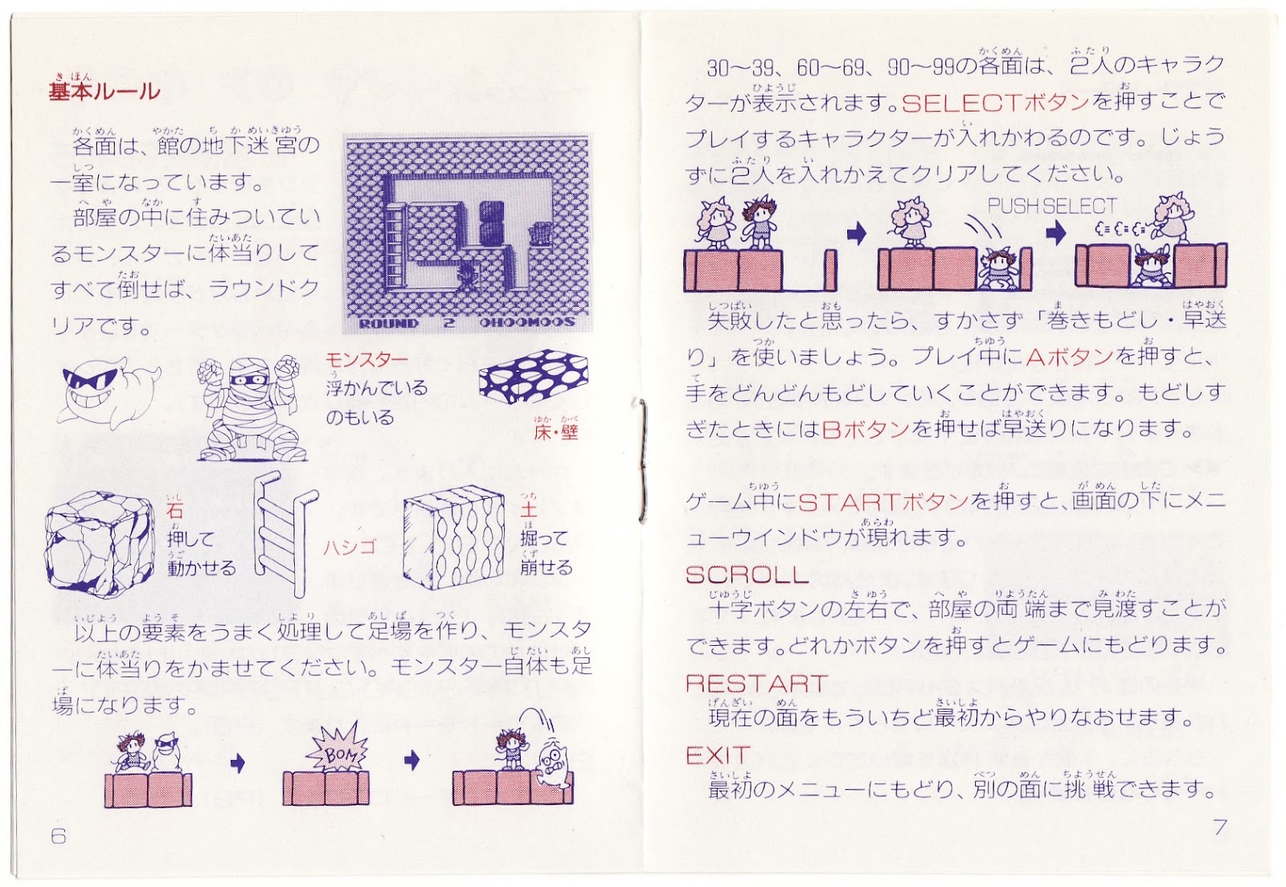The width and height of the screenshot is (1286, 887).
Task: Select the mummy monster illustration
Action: [x=252, y=408]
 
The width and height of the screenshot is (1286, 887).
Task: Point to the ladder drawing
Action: [x=285, y=533]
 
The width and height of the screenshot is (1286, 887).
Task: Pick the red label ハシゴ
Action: [x=350, y=547]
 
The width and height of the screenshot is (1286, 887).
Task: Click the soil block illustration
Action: [x=453, y=538]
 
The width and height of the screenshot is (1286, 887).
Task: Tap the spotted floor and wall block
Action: [x=534, y=376]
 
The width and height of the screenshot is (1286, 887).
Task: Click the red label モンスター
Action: [x=367, y=360]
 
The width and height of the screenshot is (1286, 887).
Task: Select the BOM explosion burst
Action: [x=337, y=750]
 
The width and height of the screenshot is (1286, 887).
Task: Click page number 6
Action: [x=59, y=836]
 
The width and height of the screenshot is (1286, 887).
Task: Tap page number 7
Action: [x=1220, y=827]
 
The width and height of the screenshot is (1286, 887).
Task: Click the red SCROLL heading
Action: [x=747, y=574]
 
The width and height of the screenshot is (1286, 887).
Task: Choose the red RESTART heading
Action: [x=756, y=683]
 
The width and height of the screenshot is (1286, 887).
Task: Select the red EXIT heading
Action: [x=718, y=755]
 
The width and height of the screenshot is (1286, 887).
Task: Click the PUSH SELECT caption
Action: [x=1052, y=206]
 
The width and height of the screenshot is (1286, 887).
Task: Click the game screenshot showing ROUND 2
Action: [x=467, y=234]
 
